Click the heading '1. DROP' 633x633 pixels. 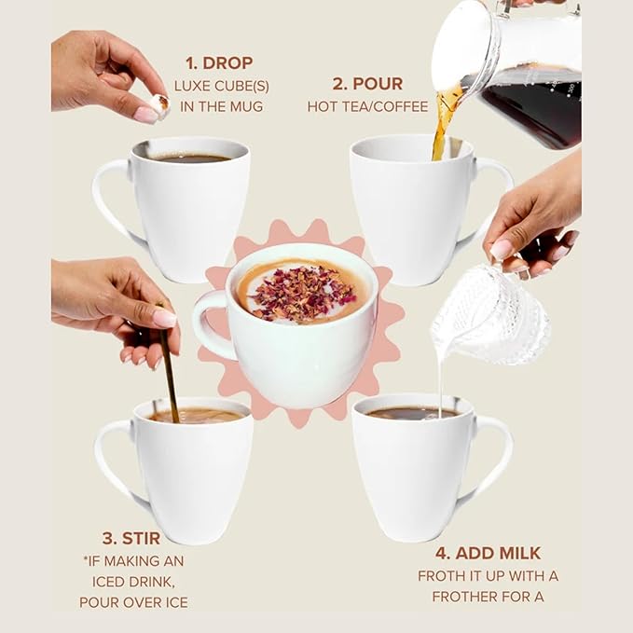218,63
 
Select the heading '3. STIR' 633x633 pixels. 131,538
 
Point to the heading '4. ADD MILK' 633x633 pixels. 488,553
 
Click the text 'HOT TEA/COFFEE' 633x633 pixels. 367,106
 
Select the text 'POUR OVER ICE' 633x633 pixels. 133,602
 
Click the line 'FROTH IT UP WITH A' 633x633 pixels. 488,576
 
